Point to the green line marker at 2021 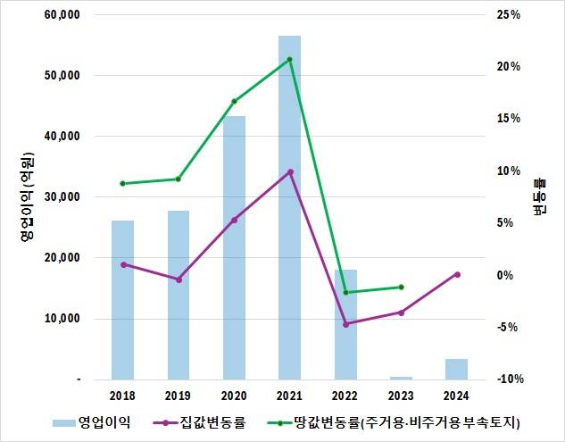[290, 60]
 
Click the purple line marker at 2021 [290, 171]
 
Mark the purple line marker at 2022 [345, 324]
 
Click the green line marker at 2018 [122, 184]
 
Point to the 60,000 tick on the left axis [62, 15]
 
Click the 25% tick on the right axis [510, 15]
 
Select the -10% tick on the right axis [509, 379]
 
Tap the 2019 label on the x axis [178, 396]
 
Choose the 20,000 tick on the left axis [62, 258]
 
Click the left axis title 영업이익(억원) [29, 197]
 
